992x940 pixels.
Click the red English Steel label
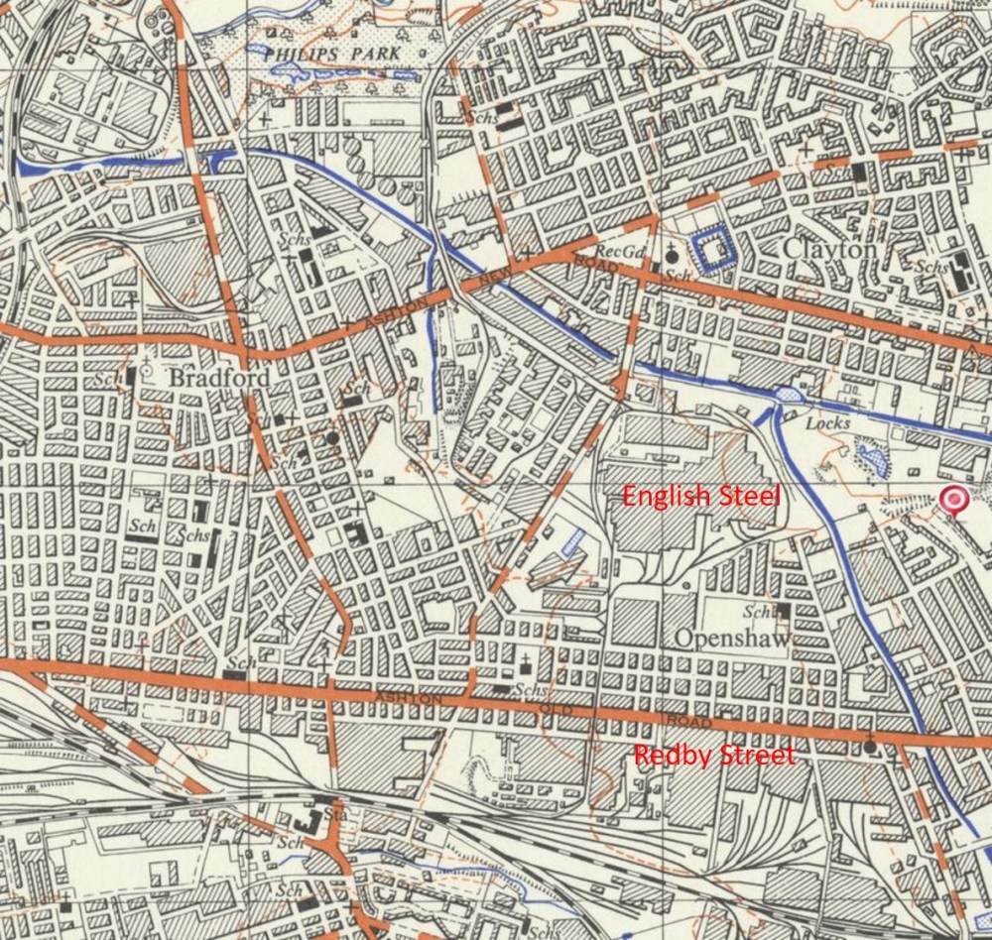click(x=701, y=495)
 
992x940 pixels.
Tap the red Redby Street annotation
click(x=714, y=756)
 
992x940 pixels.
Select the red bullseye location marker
click(x=954, y=501)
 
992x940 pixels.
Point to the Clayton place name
click(x=829, y=251)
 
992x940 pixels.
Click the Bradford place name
click(x=206, y=379)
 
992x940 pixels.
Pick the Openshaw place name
click(x=733, y=640)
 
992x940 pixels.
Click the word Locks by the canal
click(x=827, y=423)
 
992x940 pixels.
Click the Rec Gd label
click(x=615, y=251)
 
